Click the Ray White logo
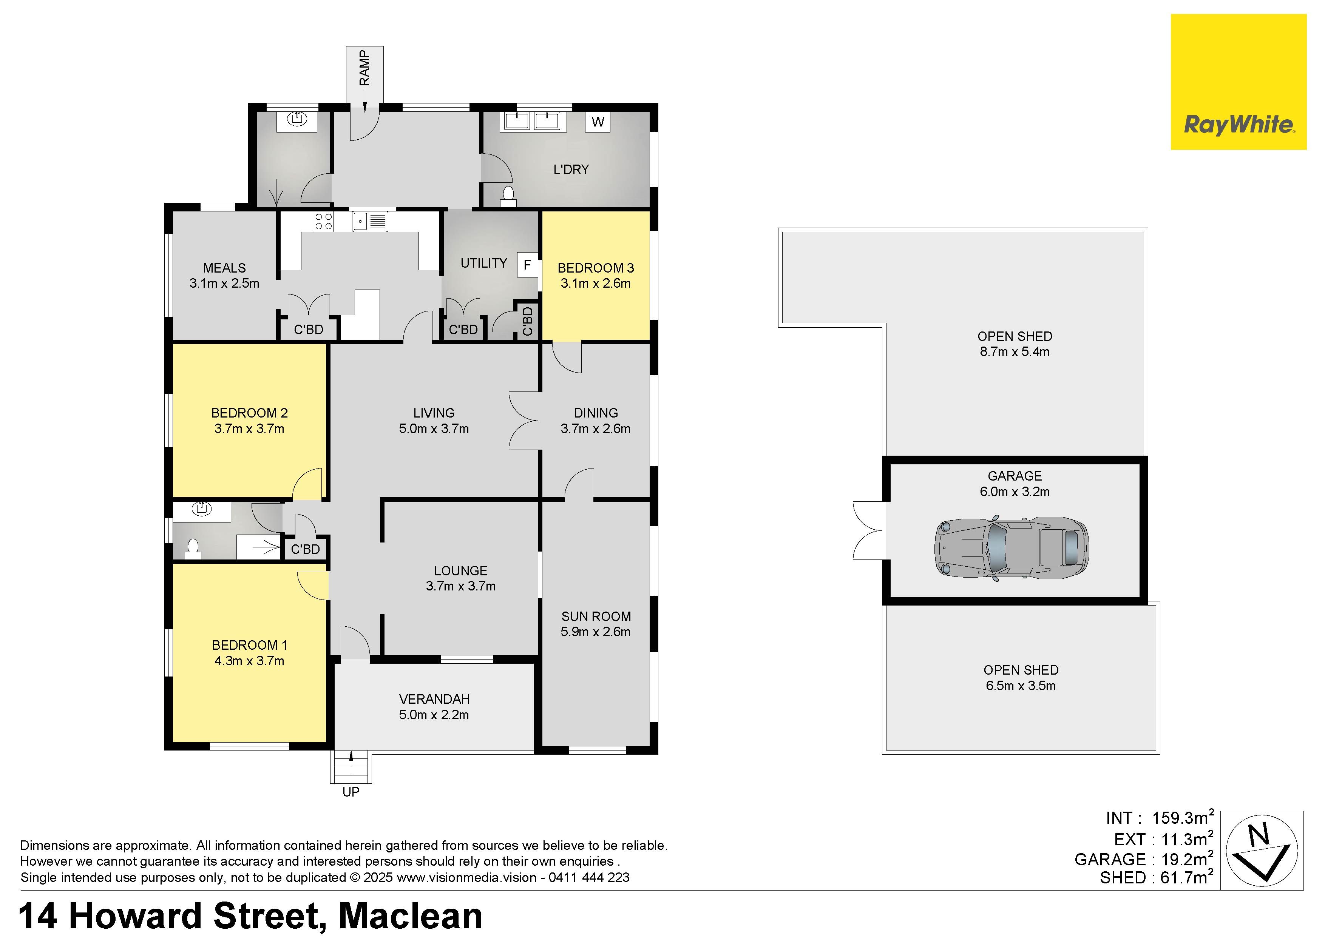coord(1239,82)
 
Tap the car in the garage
coord(1011,547)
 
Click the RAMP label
coord(364,68)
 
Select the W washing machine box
coord(598,122)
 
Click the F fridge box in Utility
coord(527,265)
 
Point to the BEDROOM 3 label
coord(596,268)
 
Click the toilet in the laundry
coord(508,196)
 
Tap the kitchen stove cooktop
coord(323,222)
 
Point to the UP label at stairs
coord(351,792)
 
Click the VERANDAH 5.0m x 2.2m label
coord(434,707)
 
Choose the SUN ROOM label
coord(596,616)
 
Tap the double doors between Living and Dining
coord(524,421)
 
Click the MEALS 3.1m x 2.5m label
coord(224,275)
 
